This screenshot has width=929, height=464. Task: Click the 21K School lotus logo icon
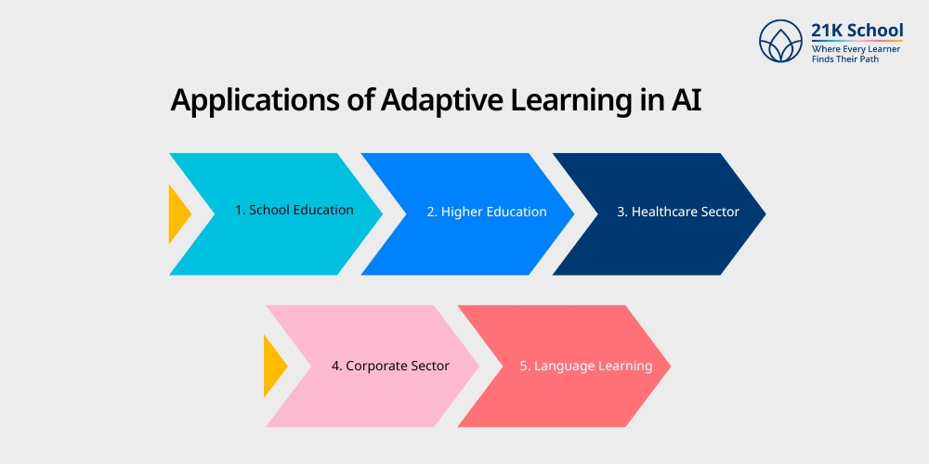(780, 43)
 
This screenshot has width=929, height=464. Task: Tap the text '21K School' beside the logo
(857, 31)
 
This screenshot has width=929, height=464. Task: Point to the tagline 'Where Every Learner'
(854, 48)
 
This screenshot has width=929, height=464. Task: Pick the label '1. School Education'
(294, 210)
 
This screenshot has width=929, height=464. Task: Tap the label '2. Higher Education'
(487, 212)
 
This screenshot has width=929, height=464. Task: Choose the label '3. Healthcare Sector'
(678, 212)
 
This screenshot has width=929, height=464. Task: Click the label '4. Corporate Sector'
(390, 366)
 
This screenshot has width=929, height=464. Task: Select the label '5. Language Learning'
(586, 366)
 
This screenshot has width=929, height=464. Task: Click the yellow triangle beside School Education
(177, 214)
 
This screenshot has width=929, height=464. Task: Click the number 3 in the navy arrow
(622, 212)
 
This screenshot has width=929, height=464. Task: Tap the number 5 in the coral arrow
(524, 366)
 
